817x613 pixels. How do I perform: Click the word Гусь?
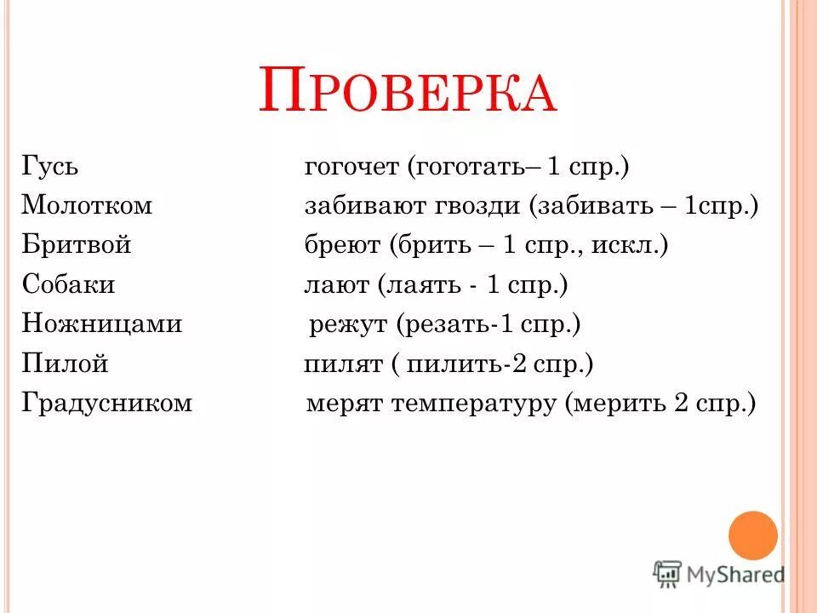[50, 166]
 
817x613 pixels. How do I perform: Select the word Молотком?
[87, 205]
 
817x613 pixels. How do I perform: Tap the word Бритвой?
[77, 245]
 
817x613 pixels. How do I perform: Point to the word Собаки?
[69, 284]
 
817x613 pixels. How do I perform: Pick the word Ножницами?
[102, 324]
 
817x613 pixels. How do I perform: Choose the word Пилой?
[66, 364]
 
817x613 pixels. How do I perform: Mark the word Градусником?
[108, 404]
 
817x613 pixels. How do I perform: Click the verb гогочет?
[351, 167]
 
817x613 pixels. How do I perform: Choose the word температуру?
[473, 404]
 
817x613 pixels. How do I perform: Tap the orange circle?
[753, 536]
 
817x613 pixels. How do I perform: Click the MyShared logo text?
[737, 574]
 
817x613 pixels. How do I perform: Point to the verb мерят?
[344, 404]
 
